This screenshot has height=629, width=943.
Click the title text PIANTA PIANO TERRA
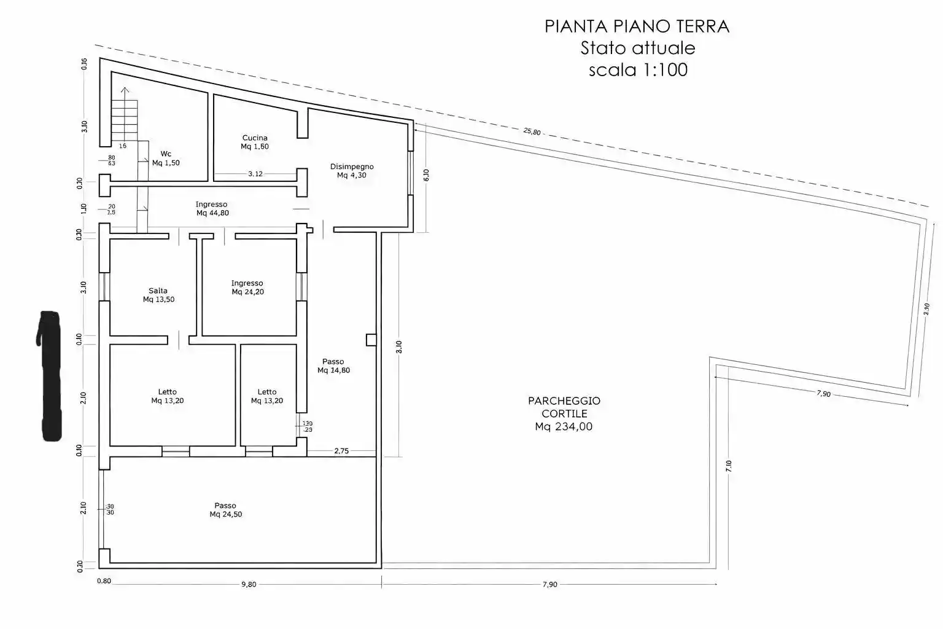pyautogui.click(x=637, y=26)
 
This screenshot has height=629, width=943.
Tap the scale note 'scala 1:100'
pyautogui.click(x=638, y=70)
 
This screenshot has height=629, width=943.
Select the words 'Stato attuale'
pyautogui.click(x=638, y=48)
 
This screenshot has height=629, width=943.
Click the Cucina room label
pyautogui.click(x=255, y=138)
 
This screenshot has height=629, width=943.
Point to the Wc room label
pyautogui.click(x=166, y=154)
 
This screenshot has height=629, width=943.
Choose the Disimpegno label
pyautogui.click(x=352, y=166)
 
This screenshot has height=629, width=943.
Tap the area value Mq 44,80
pyautogui.click(x=212, y=213)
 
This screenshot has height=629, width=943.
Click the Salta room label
pyautogui.click(x=158, y=291)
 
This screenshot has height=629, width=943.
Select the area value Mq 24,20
pyautogui.click(x=247, y=292)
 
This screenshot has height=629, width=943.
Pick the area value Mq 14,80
pyautogui.click(x=333, y=370)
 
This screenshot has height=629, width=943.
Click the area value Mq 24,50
pyautogui.click(x=225, y=514)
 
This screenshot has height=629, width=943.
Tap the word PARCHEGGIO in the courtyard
pyautogui.click(x=564, y=400)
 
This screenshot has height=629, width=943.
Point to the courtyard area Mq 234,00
pyautogui.click(x=564, y=427)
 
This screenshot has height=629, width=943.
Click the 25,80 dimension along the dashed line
pyautogui.click(x=532, y=131)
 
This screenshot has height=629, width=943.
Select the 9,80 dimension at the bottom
pyautogui.click(x=248, y=584)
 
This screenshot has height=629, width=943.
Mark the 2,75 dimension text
pyautogui.click(x=341, y=451)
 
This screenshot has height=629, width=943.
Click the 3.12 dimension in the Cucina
pyautogui.click(x=255, y=174)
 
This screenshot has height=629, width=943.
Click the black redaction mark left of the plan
pyautogui.click(x=49, y=376)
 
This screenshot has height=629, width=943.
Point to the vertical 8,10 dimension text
pyautogui.click(x=399, y=347)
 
